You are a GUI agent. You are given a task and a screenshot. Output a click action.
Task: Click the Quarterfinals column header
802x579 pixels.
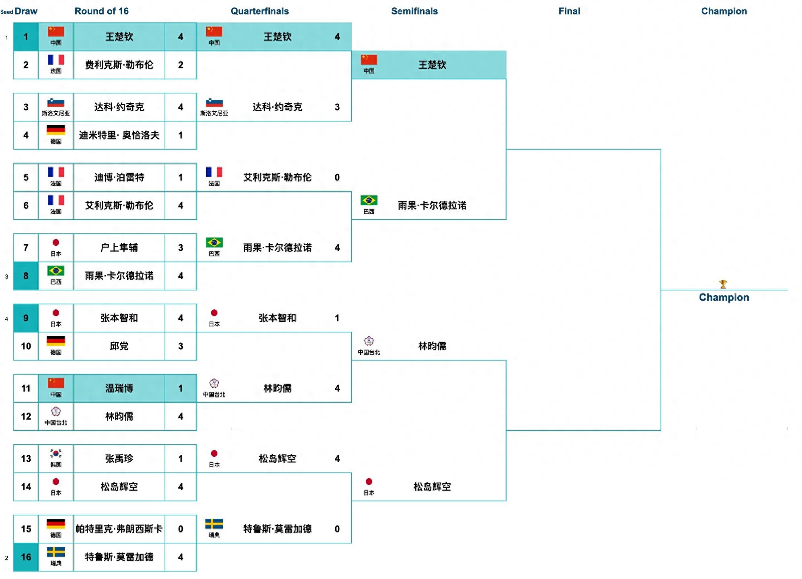click(260, 11)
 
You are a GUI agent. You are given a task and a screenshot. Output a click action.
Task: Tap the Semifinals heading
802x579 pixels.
click(414, 11)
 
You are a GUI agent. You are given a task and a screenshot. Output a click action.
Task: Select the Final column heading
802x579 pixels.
click(569, 11)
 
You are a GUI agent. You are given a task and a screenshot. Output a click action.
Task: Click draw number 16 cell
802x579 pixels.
click(26, 557)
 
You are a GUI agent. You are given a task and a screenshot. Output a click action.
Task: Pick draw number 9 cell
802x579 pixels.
click(26, 318)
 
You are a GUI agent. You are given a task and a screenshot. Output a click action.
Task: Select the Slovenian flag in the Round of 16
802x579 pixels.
click(56, 103)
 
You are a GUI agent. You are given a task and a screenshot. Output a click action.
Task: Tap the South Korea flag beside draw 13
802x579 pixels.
click(56, 454)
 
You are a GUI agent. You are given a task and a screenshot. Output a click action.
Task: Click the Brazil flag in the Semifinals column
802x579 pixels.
click(369, 201)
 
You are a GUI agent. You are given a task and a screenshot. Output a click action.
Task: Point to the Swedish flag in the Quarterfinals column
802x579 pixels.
click(214, 524)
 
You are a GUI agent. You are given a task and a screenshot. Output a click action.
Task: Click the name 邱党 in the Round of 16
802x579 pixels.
click(119, 346)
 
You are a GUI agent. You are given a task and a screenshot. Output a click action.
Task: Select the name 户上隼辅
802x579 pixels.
click(119, 248)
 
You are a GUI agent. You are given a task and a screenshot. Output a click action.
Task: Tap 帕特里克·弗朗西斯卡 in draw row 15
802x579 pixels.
click(119, 529)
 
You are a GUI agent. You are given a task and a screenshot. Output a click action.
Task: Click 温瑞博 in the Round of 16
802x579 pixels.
click(119, 388)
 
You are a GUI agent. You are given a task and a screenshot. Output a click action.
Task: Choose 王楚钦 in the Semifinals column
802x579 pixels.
click(432, 65)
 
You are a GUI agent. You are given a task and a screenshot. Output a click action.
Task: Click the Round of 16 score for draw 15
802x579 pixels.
click(181, 529)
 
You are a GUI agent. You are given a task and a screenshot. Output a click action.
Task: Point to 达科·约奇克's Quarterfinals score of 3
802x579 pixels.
click(337, 107)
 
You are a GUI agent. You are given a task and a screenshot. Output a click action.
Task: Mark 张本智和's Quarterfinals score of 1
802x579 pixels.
click(337, 318)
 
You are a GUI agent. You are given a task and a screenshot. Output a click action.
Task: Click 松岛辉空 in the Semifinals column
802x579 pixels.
click(432, 487)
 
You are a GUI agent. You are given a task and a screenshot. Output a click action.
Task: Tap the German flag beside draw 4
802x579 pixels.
click(56, 130)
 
